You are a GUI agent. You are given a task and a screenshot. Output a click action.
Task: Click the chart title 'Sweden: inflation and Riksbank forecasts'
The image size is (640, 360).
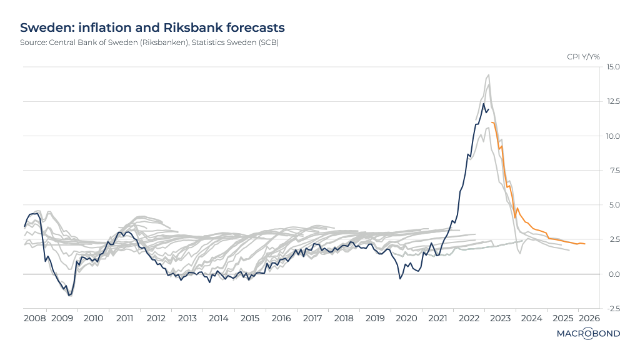tap(152, 28)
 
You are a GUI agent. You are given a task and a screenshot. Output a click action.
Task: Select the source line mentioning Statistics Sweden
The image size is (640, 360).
tap(149, 42)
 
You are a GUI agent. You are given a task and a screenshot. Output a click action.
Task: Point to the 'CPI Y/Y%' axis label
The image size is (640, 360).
tap(583, 57)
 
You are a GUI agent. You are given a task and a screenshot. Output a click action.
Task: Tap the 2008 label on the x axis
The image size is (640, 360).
tap(34, 319)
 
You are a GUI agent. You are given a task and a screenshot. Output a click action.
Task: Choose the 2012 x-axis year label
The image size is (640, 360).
tap(156, 319)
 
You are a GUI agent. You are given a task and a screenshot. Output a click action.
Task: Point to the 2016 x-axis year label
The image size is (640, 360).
tap(281, 319)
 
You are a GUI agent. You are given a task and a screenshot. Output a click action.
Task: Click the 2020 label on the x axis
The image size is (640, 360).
tap(406, 319)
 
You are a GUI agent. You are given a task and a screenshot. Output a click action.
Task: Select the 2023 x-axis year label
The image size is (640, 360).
tap(500, 319)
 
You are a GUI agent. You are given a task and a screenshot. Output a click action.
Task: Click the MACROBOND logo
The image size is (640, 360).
tap(588, 334)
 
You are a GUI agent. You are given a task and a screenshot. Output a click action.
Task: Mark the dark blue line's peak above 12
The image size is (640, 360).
tap(483, 104)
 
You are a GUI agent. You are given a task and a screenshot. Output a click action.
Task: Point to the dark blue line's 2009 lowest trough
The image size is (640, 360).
tap(69, 294)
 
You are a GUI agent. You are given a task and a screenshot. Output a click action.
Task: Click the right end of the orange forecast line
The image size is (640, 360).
tap(585, 244)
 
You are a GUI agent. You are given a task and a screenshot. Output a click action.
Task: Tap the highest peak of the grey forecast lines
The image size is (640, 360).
tap(488, 75)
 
